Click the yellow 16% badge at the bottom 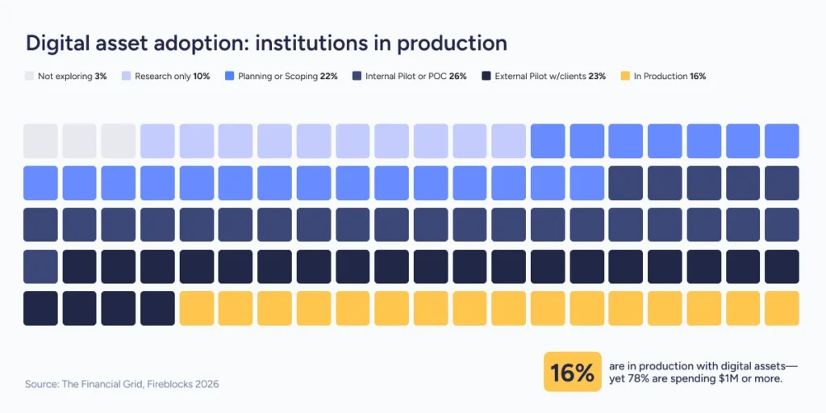[573, 372]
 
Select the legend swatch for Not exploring [30, 77]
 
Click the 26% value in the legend [458, 77]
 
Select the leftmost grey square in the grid [40, 140]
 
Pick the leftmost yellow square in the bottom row [196, 308]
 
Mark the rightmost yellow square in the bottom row [782, 308]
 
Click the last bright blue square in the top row [782, 140]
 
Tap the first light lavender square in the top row [157, 140]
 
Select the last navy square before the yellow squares [157, 308]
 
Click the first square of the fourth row [40, 266]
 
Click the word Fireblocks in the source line [162, 384]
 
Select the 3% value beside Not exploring [101, 77]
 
